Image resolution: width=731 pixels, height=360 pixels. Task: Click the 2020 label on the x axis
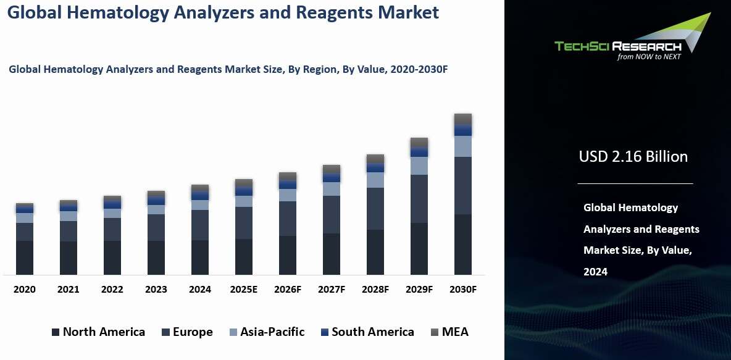[25, 290]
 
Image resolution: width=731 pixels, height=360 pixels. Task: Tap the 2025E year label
[243, 290]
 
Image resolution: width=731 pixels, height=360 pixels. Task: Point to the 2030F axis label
[462, 290]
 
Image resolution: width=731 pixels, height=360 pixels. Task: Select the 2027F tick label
[331, 290]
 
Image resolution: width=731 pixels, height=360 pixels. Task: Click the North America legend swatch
[56, 332]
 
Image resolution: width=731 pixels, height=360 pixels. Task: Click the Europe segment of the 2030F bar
[462, 185]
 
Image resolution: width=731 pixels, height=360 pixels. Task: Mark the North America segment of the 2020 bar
[25, 257]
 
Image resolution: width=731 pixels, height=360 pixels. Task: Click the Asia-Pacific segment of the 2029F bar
[419, 165]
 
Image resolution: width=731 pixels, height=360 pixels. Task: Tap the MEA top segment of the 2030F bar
[462, 119]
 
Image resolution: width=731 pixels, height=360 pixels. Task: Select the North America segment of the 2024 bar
[199, 257]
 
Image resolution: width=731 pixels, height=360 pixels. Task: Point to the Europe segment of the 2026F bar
[287, 219]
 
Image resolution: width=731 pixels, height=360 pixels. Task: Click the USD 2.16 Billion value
[633, 157]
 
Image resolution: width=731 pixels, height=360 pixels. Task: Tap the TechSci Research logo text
[617, 46]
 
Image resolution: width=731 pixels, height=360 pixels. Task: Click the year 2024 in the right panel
[596, 272]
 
